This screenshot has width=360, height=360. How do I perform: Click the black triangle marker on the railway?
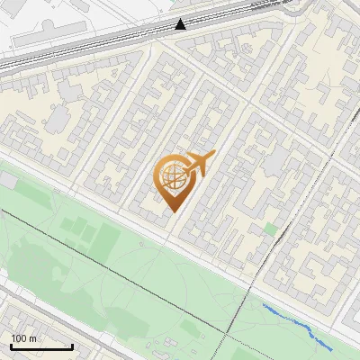[x=181, y=24]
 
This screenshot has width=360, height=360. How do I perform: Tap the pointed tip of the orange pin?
[x=172, y=211]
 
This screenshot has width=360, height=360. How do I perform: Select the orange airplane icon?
[x=199, y=164]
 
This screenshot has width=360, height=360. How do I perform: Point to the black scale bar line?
[x=41, y=346]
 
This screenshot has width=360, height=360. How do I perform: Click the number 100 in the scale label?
[x=20, y=338]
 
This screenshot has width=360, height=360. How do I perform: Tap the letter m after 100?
[x=33, y=338]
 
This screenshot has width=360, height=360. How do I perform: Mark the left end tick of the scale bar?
[x=11, y=346]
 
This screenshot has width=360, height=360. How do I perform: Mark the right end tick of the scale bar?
[x=72, y=346]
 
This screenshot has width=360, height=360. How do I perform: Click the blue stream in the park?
[x=297, y=324]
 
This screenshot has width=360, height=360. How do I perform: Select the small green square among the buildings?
[x=270, y=229]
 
